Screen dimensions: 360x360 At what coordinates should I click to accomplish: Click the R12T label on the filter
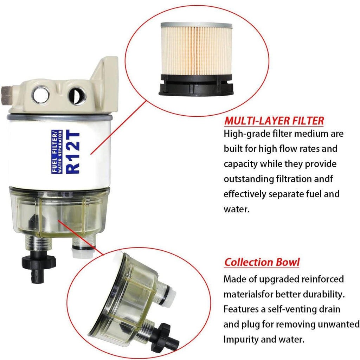coord(73,152)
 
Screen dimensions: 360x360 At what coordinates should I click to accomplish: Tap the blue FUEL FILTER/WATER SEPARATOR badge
coord(57,152)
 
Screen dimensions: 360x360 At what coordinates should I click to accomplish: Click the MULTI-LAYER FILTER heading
coord(274,121)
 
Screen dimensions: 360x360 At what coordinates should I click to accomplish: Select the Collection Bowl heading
coord(262,262)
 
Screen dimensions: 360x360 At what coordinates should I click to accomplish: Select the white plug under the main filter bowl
coord(83,252)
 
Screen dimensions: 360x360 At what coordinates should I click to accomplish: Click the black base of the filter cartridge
coord(196,85)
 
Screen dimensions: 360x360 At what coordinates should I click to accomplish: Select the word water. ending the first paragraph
coord(237,210)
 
